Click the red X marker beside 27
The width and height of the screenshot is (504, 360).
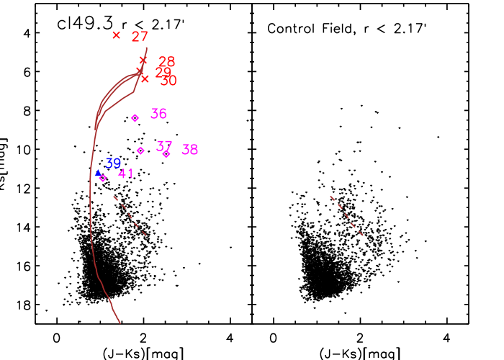coord(116,35)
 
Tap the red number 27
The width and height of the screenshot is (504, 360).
coord(140,37)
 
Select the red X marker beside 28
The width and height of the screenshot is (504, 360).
coord(143,60)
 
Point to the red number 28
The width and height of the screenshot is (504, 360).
coord(166,62)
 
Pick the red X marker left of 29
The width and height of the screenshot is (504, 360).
coord(140,71)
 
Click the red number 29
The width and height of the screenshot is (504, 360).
coord(163,73)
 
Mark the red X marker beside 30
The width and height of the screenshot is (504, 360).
coord(145,78)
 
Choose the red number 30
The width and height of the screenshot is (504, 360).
coord(168,81)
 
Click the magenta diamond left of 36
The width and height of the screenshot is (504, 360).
coord(135,117)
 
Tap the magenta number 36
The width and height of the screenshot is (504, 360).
coord(158,114)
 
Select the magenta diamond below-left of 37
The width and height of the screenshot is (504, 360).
coord(140,150)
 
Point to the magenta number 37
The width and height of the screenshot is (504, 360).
coord(164,146)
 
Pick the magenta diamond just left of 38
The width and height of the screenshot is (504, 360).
coord(166,153)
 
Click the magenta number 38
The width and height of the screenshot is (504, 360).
coord(189,150)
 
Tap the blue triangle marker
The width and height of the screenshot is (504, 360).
coord(98,174)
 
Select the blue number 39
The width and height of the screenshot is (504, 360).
coord(113,163)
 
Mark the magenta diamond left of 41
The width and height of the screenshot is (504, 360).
coord(102,178)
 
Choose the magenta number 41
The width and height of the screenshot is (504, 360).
coord(126,174)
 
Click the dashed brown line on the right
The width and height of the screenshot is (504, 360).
coord(347,215)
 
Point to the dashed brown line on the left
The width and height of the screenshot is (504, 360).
coord(130,215)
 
